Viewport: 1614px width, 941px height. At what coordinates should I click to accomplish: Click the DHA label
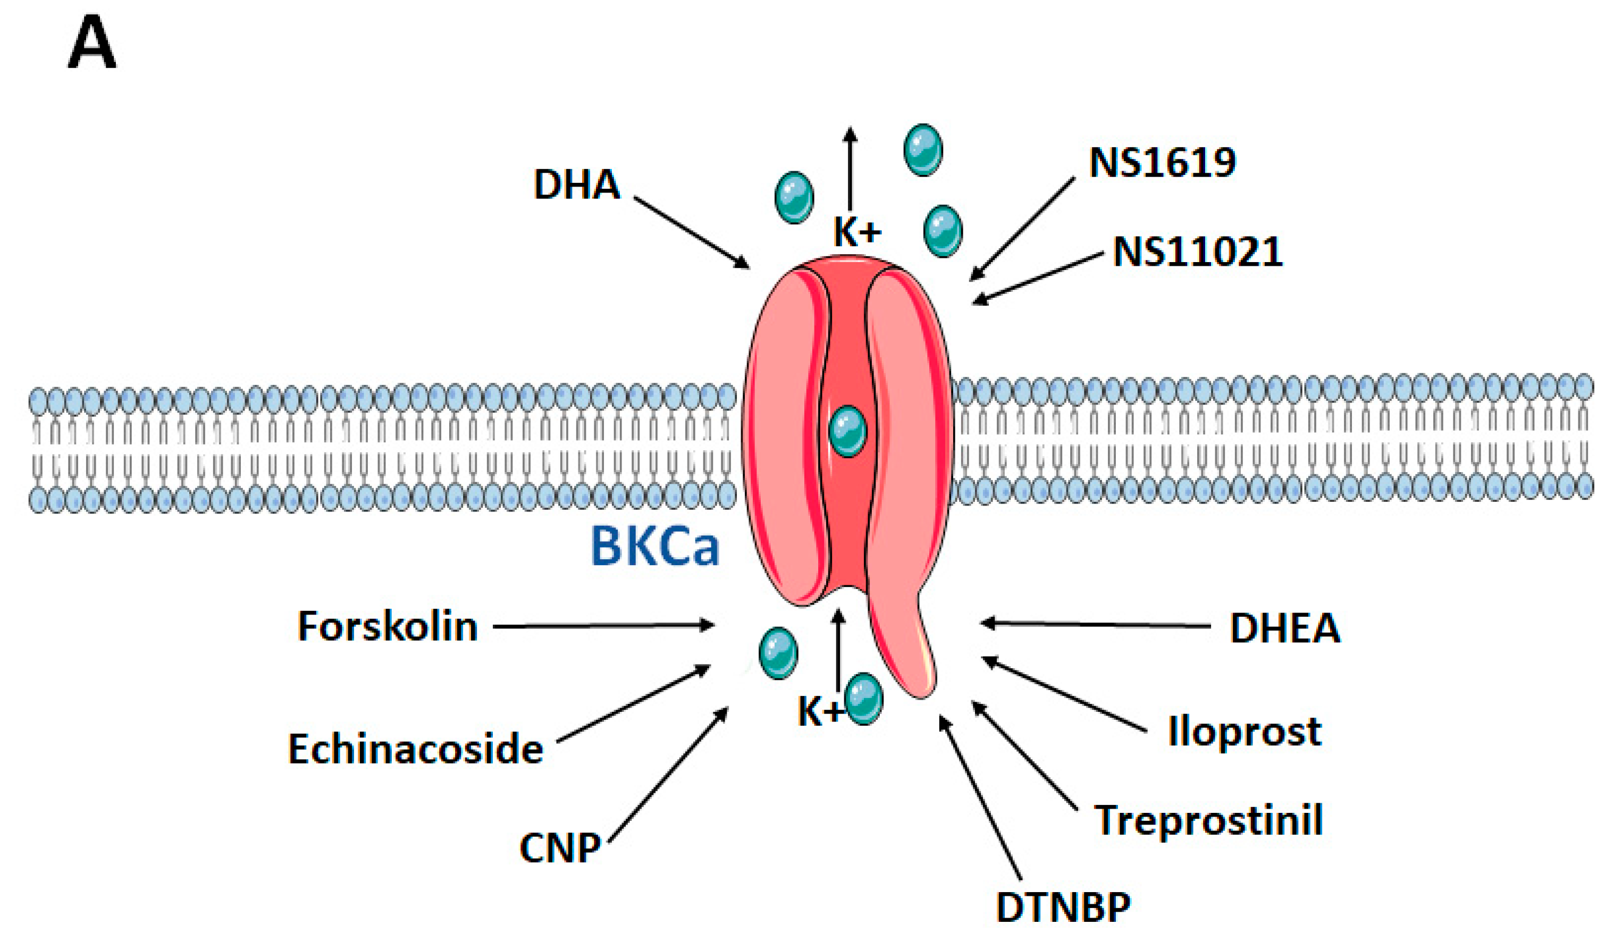[x=576, y=185]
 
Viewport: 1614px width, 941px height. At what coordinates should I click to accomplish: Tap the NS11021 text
[x=1198, y=252]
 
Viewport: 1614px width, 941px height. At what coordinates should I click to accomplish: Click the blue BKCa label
[x=654, y=547]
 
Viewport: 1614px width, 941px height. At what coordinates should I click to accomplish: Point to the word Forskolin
[x=388, y=626]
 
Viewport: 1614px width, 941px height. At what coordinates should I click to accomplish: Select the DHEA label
[x=1285, y=628]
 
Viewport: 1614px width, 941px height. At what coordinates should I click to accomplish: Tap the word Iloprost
[x=1245, y=731]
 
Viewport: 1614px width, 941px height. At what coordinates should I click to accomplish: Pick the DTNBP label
[x=1063, y=907]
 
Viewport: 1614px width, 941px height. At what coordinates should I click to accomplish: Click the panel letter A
[x=91, y=44]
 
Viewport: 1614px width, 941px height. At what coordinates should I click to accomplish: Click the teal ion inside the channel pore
[x=847, y=431]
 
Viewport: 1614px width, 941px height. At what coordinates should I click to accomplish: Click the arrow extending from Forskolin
[x=602, y=625]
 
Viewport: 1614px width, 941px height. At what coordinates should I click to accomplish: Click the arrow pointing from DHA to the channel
[x=692, y=232]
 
